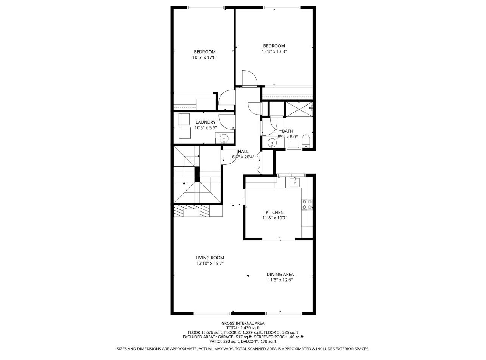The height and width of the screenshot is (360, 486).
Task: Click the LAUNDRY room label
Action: pyautogui.click(x=206, y=122)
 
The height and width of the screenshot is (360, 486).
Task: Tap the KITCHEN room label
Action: pyautogui.click(x=274, y=213)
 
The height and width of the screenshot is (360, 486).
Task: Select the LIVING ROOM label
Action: pyautogui.click(x=210, y=258)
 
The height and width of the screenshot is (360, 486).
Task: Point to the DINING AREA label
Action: pyautogui.click(x=280, y=274)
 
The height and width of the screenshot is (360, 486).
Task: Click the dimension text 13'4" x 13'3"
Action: pyautogui.click(x=274, y=51)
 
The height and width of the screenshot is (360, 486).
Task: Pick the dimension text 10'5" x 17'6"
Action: pyautogui.click(x=205, y=57)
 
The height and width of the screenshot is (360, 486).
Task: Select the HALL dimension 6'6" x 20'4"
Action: pyautogui.click(x=243, y=157)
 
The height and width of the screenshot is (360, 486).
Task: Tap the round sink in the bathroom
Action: pyautogui.click(x=273, y=143)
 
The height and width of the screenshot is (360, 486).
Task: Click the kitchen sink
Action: pyautogui.click(x=295, y=183)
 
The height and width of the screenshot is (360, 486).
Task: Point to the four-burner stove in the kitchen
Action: pyautogui.click(x=307, y=205)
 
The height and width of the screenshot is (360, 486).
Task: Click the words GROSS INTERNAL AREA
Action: pyautogui.click(x=243, y=323)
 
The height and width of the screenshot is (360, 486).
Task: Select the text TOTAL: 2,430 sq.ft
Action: pyautogui.click(x=243, y=328)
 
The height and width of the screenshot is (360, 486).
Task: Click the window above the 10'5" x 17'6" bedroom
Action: pyautogui.click(x=206, y=8)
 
